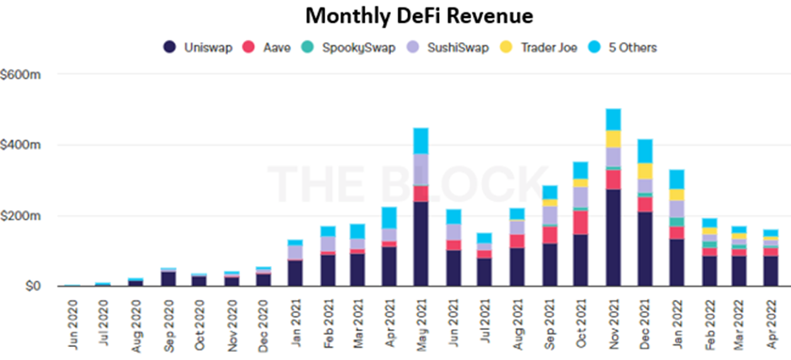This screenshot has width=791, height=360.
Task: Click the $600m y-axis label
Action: coord(21,75)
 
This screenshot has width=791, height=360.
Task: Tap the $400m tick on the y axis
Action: coord(21,145)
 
